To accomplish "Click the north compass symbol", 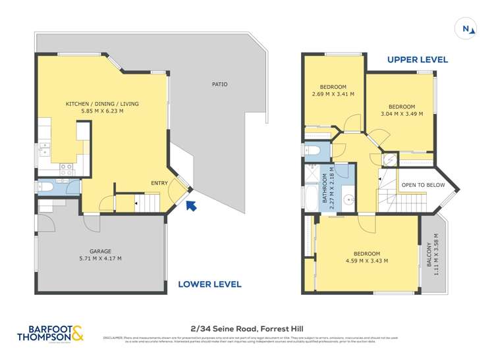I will [x=466, y=28].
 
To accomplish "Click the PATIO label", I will [x=219, y=84].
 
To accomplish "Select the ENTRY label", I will [x=159, y=183].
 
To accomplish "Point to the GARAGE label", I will [x=100, y=251].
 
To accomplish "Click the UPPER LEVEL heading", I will [x=417, y=60].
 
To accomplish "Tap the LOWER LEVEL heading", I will [x=209, y=284].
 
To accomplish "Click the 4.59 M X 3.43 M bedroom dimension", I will [x=366, y=261].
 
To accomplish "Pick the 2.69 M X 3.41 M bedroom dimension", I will [x=333, y=94].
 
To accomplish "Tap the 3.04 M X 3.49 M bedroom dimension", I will [x=401, y=114].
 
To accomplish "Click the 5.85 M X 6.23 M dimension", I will [x=101, y=111].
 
